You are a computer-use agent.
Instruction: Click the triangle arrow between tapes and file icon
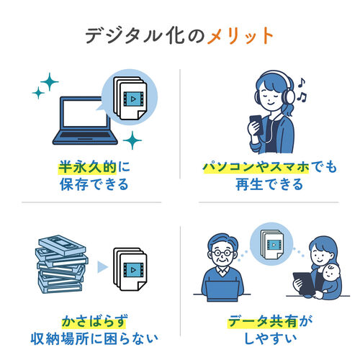102,269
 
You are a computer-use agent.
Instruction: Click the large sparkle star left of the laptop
49,83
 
